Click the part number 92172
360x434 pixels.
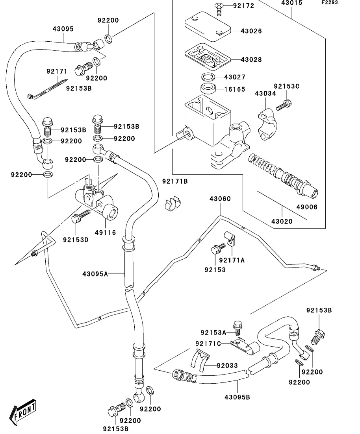coord(243,6)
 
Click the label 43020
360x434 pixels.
coord(282,221)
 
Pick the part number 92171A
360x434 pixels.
coord(232,260)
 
